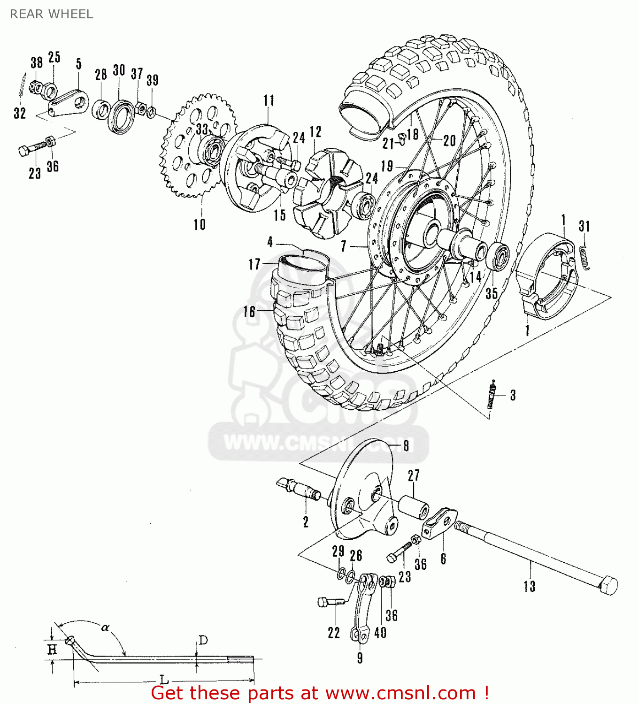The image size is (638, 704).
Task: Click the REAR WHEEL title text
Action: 51,14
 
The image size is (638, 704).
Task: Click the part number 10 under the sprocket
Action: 200,224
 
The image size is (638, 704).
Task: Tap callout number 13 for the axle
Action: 529,586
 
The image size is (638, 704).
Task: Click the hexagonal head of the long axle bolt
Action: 608,585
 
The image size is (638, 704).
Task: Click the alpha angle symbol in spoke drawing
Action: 105,627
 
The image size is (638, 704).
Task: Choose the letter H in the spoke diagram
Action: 52,650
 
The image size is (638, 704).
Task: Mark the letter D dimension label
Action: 203,640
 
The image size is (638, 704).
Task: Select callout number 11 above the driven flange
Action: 269,100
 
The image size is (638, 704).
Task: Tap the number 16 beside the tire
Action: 249,312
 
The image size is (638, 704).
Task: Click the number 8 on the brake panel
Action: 406,445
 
